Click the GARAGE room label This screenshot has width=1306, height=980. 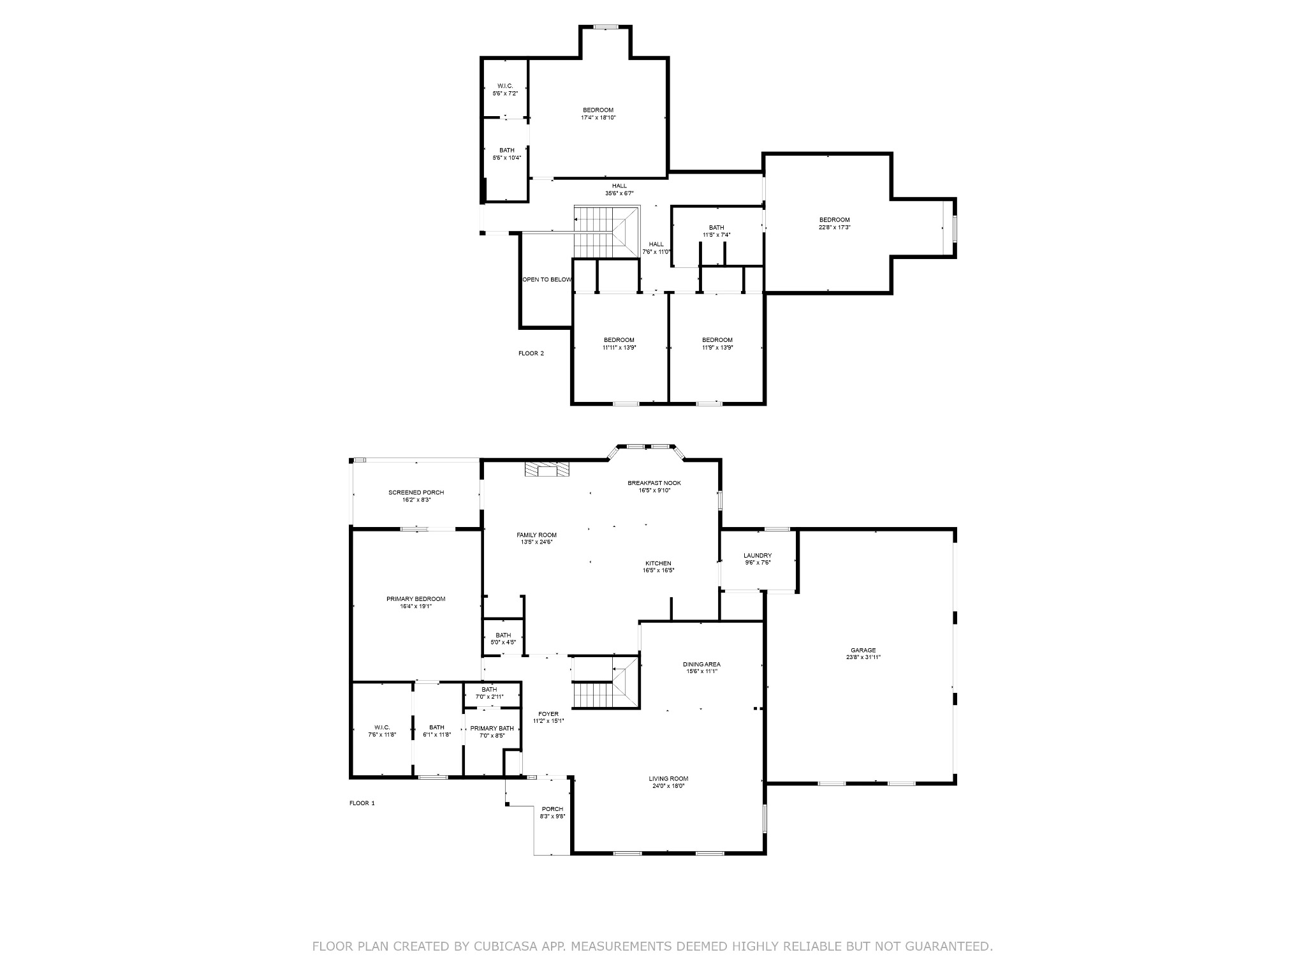(x=863, y=650)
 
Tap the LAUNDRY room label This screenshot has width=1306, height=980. (x=758, y=556)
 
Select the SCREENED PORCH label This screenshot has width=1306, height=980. (x=416, y=493)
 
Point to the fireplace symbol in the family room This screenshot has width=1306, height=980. (x=547, y=470)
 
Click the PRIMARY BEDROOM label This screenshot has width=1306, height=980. (x=416, y=599)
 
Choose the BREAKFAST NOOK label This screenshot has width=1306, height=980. (x=654, y=483)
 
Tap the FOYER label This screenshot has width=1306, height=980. (x=548, y=714)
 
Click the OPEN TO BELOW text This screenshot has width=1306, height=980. (x=547, y=279)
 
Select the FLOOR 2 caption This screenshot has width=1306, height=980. (x=531, y=353)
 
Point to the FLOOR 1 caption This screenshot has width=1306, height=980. (x=362, y=803)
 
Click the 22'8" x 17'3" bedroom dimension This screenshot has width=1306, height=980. (x=835, y=227)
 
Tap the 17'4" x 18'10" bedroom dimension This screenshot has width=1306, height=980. (x=598, y=117)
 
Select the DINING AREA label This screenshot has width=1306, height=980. (x=701, y=664)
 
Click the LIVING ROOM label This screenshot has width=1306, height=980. (x=668, y=779)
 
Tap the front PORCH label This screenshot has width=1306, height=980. (x=552, y=809)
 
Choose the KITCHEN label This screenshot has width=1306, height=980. (x=658, y=563)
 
